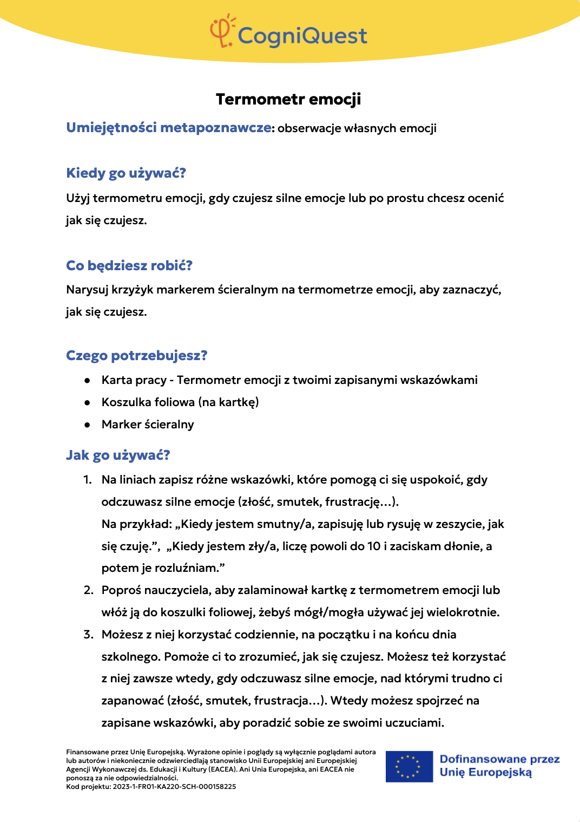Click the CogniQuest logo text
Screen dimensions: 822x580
coord(302,36)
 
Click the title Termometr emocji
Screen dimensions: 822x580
coord(288,99)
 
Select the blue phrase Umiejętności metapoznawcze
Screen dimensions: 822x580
coord(168,127)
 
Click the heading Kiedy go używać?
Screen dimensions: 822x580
coord(126,173)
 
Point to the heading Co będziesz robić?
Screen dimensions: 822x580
coord(129,265)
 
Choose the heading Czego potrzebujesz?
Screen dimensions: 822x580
coord(137,356)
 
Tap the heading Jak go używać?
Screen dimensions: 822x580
coord(118,455)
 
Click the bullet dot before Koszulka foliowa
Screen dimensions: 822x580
coord(87,402)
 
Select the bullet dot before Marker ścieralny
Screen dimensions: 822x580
coord(87,425)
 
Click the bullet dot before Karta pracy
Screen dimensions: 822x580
coord(87,380)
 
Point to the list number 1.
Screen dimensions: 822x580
coord(87,480)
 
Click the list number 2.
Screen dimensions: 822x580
coord(88,590)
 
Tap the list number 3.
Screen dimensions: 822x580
coord(88,635)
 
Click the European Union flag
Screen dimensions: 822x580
coord(409,766)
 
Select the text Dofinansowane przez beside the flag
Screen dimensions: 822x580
coord(499,759)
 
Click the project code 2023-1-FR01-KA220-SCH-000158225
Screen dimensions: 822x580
coord(174,787)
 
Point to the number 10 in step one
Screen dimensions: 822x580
coord(374,546)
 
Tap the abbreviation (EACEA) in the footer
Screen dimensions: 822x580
coord(222,769)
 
